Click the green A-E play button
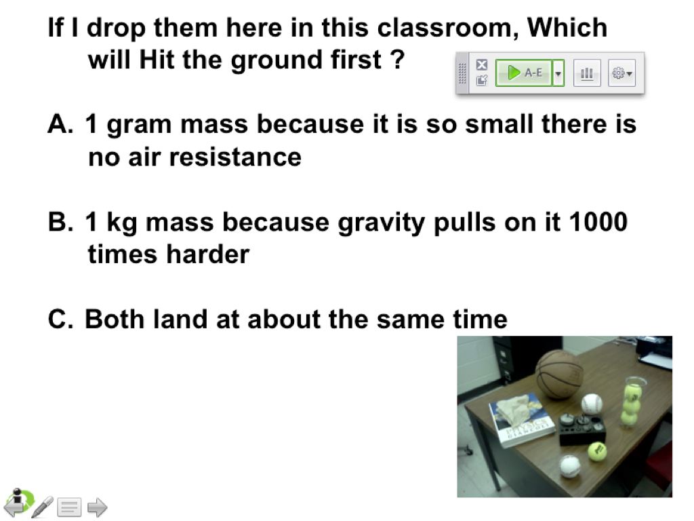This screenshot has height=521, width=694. point(524,73)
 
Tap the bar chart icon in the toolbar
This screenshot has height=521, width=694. point(587,73)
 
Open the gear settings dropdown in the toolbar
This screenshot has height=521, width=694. point(621,73)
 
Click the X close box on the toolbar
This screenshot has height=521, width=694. point(482,64)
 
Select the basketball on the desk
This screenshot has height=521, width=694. point(559,374)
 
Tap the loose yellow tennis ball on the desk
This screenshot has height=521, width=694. point(597,451)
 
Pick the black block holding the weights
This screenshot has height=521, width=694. point(582,429)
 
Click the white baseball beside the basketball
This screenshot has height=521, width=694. point(592,404)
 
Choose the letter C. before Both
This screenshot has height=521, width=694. point(61,319)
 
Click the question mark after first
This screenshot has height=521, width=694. point(398,60)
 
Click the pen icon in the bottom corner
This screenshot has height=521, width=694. point(43,507)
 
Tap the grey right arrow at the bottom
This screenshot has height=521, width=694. point(98,507)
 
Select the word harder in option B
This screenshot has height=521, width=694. point(207,254)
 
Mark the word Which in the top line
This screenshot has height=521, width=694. point(567,28)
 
